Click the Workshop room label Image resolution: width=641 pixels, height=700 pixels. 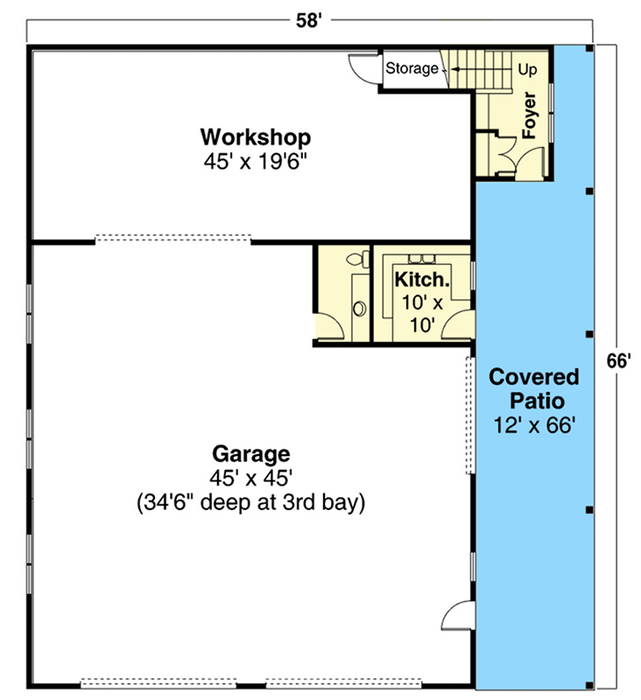(256, 137)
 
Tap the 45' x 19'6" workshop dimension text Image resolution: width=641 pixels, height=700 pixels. (256, 161)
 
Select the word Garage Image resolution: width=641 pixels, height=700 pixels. (251, 455)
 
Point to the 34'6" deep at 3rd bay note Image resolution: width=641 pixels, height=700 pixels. (251, 502)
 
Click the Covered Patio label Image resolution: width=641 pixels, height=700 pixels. (534, 388)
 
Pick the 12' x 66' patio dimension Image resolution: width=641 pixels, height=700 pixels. (534, 425)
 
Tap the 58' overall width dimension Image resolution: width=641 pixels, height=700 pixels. (308, 20)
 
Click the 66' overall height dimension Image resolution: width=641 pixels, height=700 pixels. (618, 360)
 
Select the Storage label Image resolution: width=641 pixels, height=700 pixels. (412, 68)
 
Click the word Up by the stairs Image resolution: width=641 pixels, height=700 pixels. (527, 70)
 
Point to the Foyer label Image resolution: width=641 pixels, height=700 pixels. (529, 115)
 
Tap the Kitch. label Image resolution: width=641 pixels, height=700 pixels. (422, 280)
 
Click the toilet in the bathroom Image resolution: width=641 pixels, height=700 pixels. (359, 259)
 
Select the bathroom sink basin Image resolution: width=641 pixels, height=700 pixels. (359, 309)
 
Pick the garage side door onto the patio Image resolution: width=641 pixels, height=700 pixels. (457, 616)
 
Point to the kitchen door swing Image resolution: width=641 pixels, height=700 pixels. (455, 324)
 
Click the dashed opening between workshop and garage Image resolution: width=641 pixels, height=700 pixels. (173, 238)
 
